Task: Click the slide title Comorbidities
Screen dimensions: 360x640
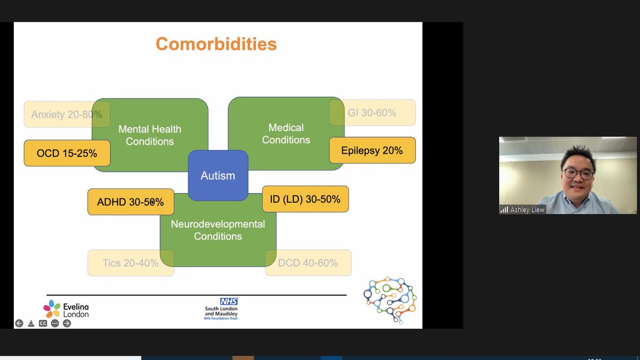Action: [x=216, y=44]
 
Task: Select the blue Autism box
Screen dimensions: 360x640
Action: [x=218, y=175]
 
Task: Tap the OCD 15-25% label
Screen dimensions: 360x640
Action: [x=67, y=153]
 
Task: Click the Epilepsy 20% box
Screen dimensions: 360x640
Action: [x=372, y=150]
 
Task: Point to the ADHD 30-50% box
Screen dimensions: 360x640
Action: [x=130, y=202]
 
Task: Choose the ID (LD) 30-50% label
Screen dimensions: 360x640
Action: [x=305, y=199]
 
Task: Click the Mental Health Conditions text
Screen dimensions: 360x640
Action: [x=150, y=135]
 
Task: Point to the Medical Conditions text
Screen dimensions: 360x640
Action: [x=286, y=133]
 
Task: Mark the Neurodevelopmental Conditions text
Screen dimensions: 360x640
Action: [x=218, y=230]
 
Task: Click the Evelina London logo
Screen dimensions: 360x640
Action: [x=66, y=309]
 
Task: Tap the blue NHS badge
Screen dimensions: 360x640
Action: [x=229, y=302]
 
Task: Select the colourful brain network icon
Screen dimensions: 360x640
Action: [x=390, y=300]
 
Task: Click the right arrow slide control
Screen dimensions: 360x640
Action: [x=67, y=323]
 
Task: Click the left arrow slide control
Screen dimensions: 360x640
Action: [x=19, y=323]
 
